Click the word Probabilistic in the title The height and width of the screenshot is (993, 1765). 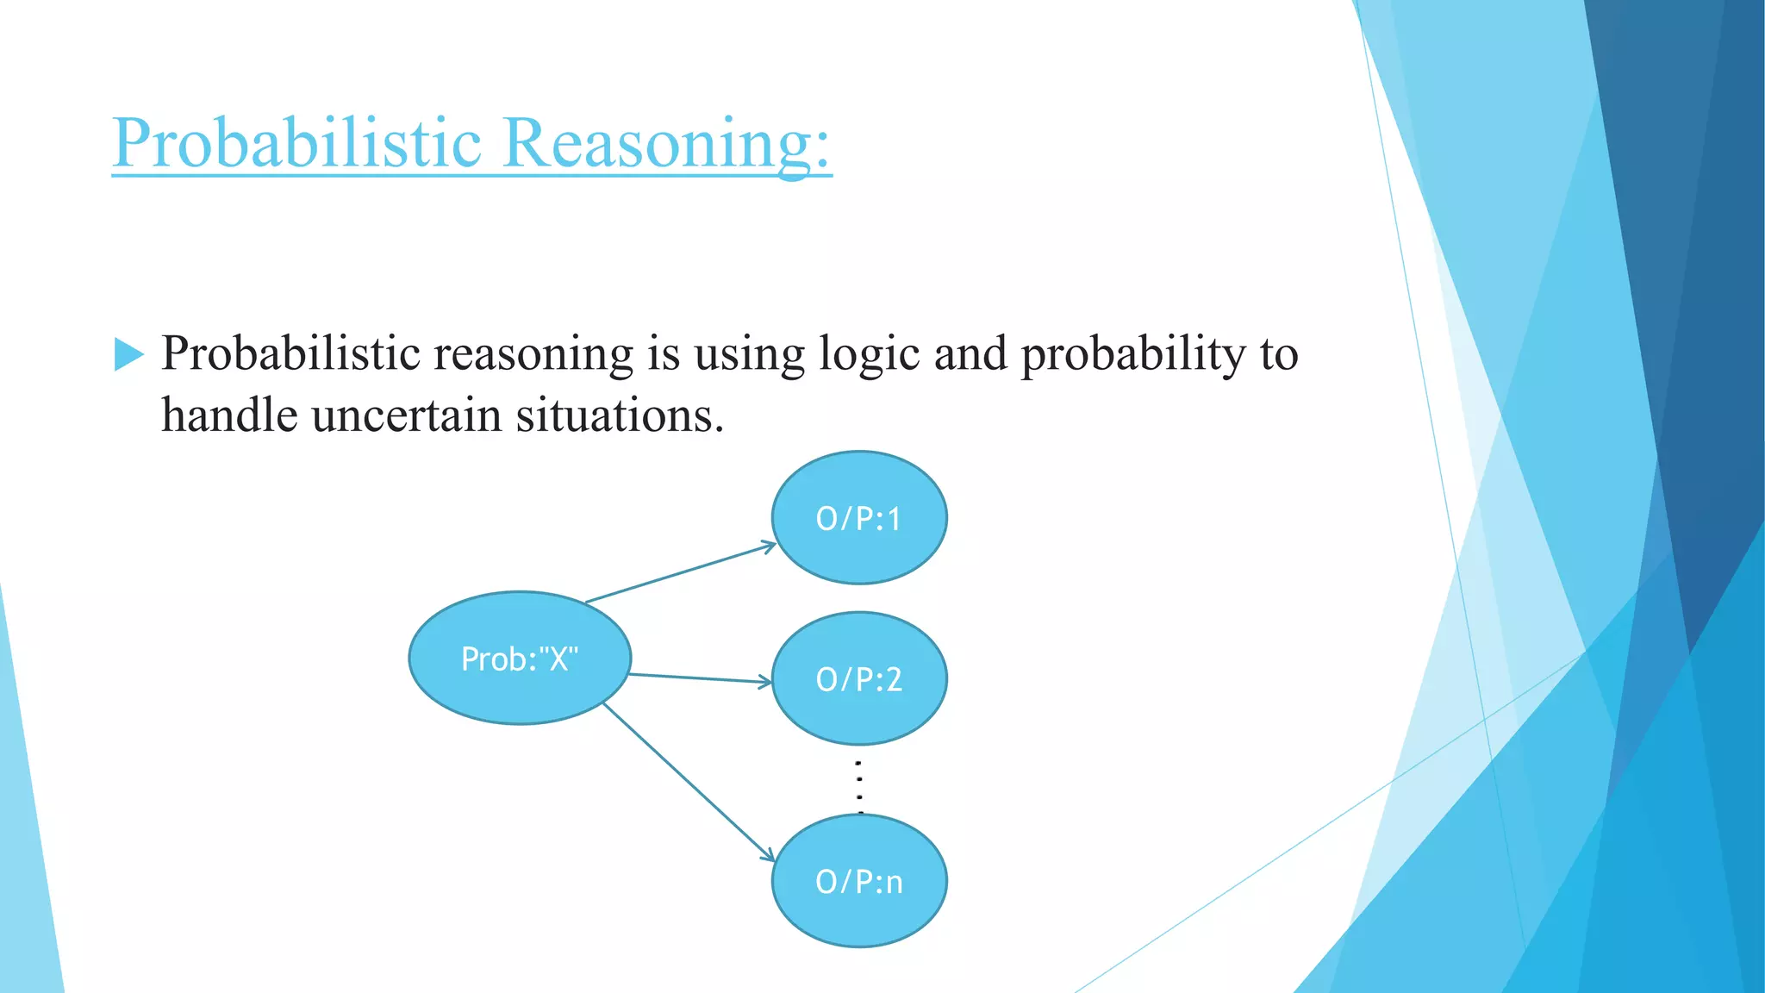(296, 142)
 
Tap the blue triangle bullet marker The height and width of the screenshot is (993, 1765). (128, 354)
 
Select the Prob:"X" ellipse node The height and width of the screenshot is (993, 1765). (520, 659)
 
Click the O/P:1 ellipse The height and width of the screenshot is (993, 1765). (859, 518)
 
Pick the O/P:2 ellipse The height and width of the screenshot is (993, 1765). (859, 679)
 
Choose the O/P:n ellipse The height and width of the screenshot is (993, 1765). (859, 881)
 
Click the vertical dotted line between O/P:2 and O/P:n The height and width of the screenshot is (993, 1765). (859, 784)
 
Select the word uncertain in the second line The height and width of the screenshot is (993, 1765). (406, 415)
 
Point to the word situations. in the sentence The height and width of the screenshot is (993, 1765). (619, 415)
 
